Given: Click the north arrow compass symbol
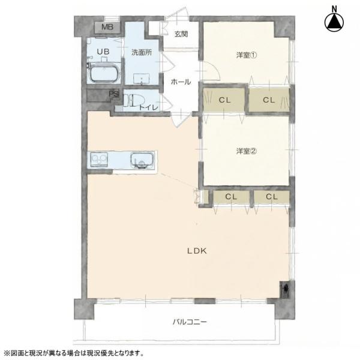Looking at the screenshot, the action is pyautogui.click(x=334, y=23).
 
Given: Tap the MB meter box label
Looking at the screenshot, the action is pyautogui.click(x=107, y=27).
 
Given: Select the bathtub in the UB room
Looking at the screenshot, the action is pyautogui.click(x=104, y=73).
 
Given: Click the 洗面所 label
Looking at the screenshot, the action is pyautogui.click(x=142, y=52).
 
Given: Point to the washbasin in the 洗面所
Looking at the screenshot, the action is pyautogui.click(x=142, y=79).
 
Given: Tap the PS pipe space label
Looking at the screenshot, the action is pyautogui.click(x=114, y=94).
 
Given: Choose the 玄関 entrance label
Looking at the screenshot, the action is pyautogui.click(x=181, y=34).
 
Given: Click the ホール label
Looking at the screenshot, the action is pyautogui.click(x=181, y=82).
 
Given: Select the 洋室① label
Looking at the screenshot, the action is pyautogui.click(x=247, y=55).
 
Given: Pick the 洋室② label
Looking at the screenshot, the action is pyautogui.click(x=247, y=151).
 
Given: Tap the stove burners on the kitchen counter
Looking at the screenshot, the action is pyautogui.click(x=99, y=160).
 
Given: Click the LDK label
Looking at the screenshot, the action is pyautogui.click(x=197, y=251).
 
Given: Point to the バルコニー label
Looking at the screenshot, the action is pyautogui.click(x=190, y=322).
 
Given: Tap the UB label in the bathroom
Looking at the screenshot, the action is pyautogui.click(x=103, y=52).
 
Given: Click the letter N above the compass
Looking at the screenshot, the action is pyautogui.click(x=335, y=9).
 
